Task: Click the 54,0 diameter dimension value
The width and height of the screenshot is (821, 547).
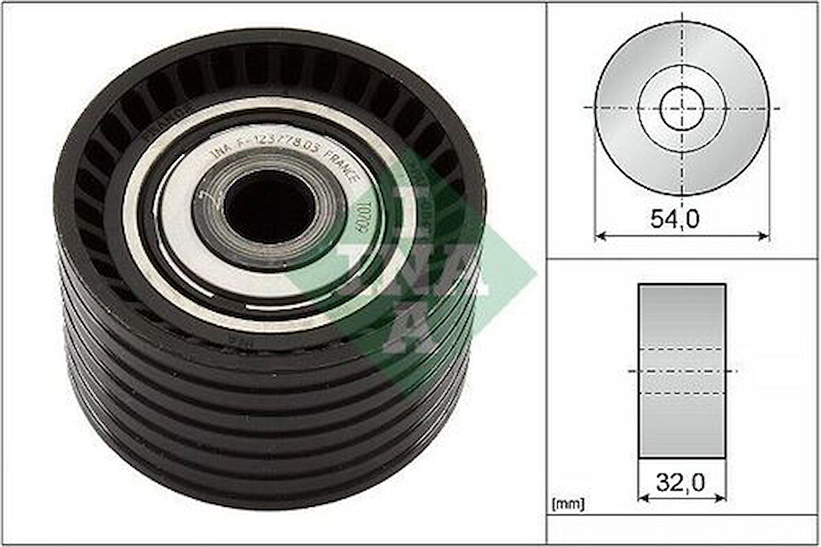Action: (674, 219)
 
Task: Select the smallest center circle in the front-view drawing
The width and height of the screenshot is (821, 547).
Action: (682, 109)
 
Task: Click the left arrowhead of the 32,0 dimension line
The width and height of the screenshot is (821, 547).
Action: (642, 497)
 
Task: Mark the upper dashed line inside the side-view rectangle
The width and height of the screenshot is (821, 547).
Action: (682, 348)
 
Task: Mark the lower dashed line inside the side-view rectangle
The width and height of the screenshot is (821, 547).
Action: (682, 393)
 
